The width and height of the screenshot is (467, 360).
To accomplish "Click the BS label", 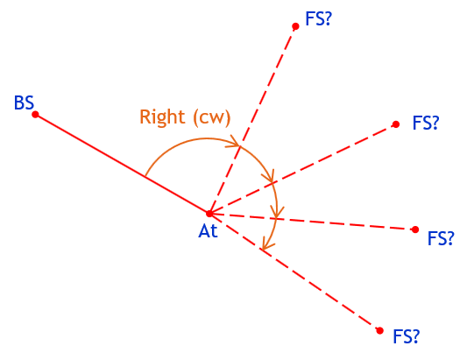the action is [x=25, y=103].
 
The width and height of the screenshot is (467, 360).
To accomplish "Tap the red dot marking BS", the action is [x=35, y=115].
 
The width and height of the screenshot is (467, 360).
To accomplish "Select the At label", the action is [x=208, y=230].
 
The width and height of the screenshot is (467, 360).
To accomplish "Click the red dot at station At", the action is [x=209, y=213].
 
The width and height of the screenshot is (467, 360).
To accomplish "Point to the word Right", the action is [x=162, y=117].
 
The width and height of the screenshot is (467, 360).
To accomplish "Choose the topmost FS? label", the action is [x=318, y=18].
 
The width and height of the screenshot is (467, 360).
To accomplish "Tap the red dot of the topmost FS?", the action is [x=295, y=26].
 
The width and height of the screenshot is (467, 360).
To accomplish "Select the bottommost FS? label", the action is [x=407, y=336].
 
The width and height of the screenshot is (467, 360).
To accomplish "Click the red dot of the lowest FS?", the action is [x=379, y=330].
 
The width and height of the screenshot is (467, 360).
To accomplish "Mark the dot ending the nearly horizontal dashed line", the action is [x=415, y=229].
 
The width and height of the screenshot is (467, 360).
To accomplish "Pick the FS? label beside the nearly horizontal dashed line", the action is [x=441, y=238].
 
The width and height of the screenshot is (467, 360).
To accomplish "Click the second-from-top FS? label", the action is [x=426, y=123].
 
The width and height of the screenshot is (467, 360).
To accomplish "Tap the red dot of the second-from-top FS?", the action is [x=396, y=124].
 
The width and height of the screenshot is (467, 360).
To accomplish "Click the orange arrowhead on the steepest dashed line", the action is [x=235, y=142].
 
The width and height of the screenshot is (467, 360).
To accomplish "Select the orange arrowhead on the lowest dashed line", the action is [x=267, y=243].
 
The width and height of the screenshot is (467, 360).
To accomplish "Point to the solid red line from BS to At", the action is [x=123, y=164].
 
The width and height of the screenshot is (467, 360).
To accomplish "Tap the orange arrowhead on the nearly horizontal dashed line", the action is [x=277, y=212].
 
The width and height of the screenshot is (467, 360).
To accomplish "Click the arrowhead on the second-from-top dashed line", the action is [x=268, y=176].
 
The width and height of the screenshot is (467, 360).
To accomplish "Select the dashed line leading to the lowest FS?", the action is [x=295, y=272].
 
